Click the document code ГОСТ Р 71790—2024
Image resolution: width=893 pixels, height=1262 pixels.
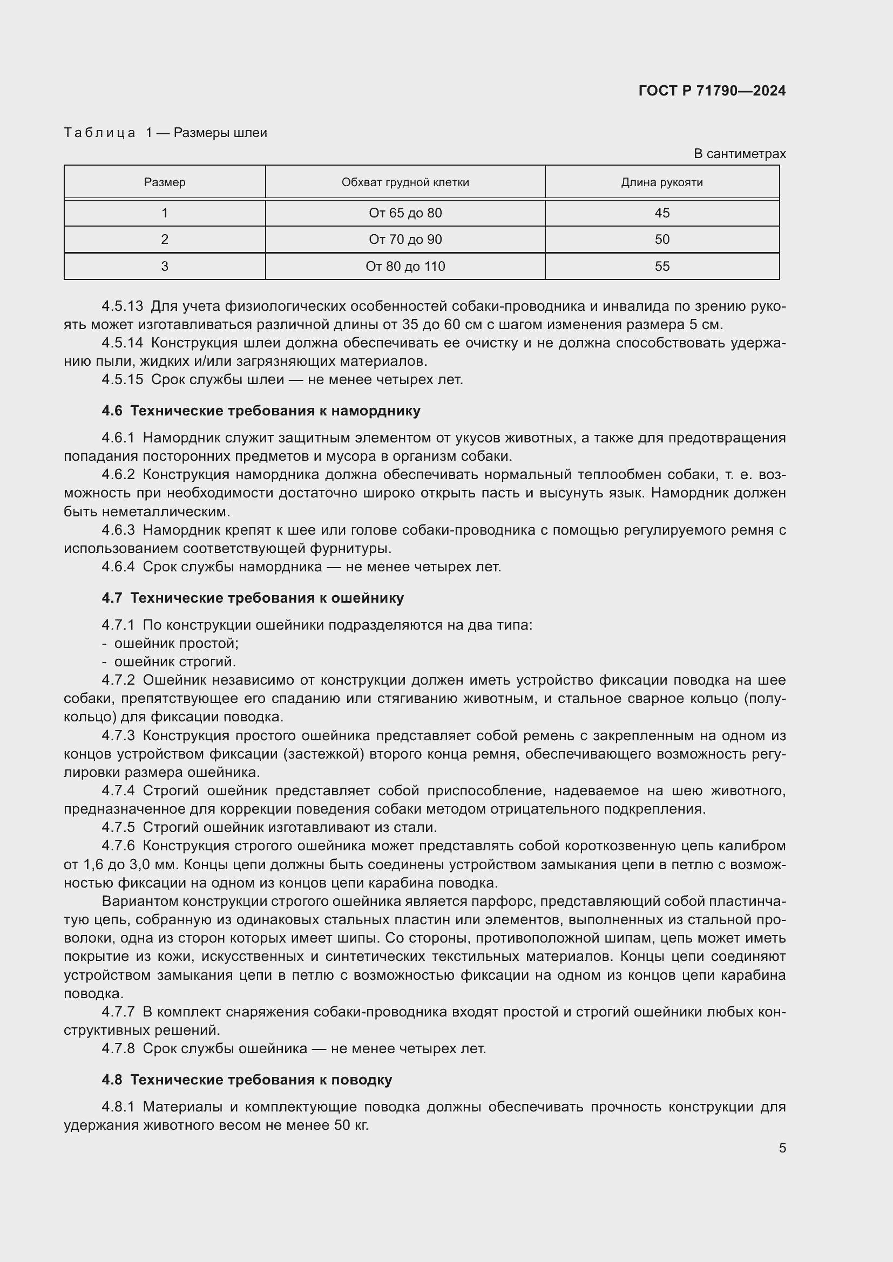[712, 91]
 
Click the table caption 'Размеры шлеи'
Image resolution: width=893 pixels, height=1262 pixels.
[220, 133]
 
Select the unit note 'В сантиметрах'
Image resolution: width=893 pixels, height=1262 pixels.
[739, 154]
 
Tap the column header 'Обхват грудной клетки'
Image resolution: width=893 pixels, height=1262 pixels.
[405, 182]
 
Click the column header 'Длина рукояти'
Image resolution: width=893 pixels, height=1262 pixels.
[661, 182]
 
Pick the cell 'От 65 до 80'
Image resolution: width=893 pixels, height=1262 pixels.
[405, 213]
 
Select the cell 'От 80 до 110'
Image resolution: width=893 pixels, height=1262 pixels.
[405, 267]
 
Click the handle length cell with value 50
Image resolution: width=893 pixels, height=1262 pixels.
[661, 240]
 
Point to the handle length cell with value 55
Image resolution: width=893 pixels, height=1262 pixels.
[661, 267]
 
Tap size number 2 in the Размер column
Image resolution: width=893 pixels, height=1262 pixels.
[165, 240]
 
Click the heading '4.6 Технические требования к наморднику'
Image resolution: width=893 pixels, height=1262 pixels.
[261, 411]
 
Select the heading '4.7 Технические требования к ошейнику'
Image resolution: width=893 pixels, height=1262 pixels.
[252, 598]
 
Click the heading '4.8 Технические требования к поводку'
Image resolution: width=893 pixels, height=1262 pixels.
[247, 1080]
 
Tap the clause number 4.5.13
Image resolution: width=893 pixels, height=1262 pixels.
[122, 306]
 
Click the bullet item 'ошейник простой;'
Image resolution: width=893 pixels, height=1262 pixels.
[176, 643]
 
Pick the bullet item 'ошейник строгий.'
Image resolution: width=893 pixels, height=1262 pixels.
[175, 662]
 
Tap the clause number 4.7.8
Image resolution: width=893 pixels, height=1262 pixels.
[118, 1049]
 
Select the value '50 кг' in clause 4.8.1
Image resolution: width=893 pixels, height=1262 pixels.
[351, 1125]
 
